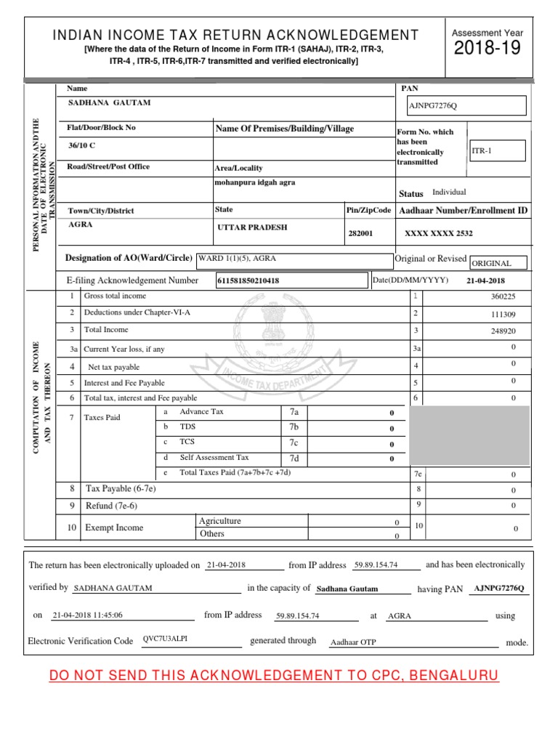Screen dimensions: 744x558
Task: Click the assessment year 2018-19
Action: [x=488, y=49]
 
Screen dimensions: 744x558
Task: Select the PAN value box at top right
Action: [x=466, y=106]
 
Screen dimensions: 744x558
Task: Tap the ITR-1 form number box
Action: [x=497, y=150]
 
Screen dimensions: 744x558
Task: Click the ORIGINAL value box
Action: [x=498, y=263]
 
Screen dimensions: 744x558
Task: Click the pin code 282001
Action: [x=361, y=233]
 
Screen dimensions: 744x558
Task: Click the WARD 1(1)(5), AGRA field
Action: [x=294, y=259]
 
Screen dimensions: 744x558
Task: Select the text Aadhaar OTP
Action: [x=353, y=642]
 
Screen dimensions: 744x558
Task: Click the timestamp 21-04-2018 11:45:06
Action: [x=88, y=615]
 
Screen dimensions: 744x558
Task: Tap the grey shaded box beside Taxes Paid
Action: [x=469, y=435]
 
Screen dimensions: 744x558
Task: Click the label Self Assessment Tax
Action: [x=214, y=458]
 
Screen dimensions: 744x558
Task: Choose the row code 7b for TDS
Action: [x=294, y=427]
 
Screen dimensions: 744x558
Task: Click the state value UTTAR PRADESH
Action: [x=252, y=227]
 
